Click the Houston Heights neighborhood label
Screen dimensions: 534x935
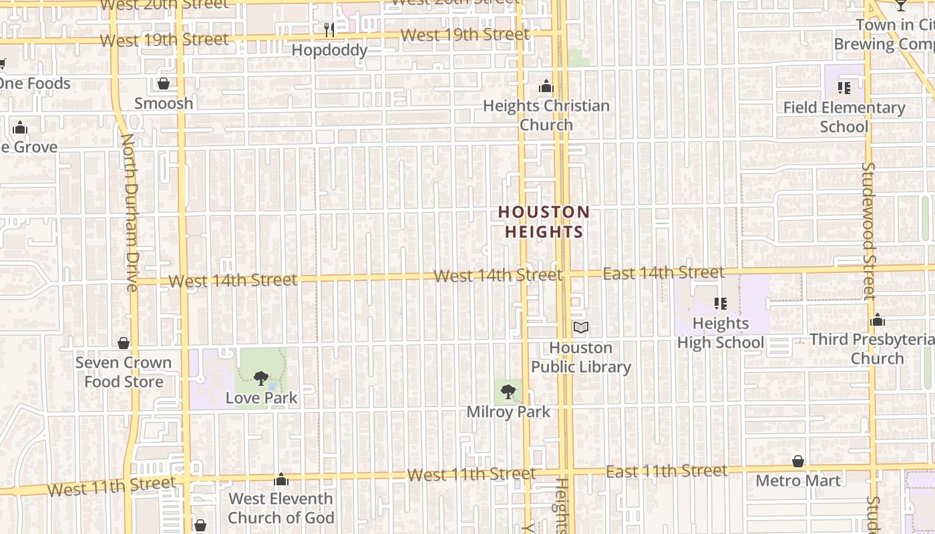[544, 222]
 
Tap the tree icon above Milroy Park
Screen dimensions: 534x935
[508, 391]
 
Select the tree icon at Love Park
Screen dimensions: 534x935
[260, 378]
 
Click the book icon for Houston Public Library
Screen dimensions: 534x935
[581, 328]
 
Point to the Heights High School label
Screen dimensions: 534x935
[720, 333]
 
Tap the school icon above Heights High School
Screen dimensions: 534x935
[720, 304]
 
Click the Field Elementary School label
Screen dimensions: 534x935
[844, 117]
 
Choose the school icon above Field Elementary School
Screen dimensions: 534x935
[844, 87]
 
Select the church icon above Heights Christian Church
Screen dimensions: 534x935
[546, 87]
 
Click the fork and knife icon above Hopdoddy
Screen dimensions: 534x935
[329, 30]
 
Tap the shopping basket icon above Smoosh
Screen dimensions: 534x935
[164, 83]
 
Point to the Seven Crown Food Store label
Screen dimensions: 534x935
[124, 372]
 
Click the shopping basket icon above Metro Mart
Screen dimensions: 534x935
[798, 461]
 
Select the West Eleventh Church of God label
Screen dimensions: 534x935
[280, 508]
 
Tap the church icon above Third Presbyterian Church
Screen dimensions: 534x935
[878, 320]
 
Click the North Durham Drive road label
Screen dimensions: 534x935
[130, 212]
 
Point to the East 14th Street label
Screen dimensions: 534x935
[663, 272]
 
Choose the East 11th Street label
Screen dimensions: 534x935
[667, 471]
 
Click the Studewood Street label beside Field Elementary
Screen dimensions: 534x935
[868, 230]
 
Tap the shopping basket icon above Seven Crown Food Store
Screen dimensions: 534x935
[124, 343]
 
